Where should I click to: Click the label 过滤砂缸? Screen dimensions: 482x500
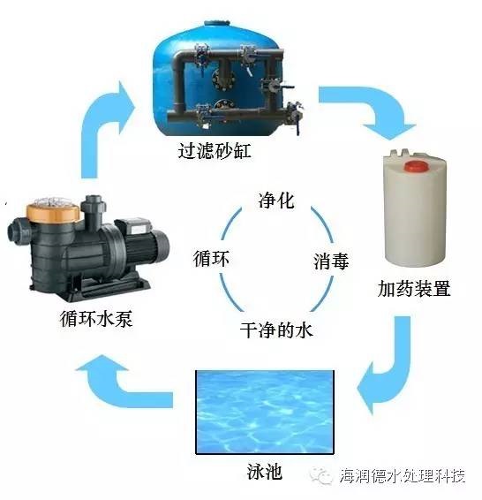pos(215,151)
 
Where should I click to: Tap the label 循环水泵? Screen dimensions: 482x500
pos(96,318)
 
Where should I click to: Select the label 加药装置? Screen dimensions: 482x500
pos(413,289)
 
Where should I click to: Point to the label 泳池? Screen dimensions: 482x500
pos(265,472)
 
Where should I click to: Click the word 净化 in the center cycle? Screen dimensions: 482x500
pos(276,201)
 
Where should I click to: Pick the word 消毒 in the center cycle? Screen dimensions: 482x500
pos(331,261)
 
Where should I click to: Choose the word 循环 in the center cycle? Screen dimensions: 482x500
pos(211,258)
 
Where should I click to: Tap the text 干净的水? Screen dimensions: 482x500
pos(276,330)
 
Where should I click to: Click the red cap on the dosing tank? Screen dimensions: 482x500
pos(416,166)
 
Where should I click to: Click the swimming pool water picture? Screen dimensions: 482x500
pos(265,412)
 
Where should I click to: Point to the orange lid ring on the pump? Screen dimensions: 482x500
pos(53,212)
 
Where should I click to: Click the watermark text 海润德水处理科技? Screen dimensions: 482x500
pos(403,476)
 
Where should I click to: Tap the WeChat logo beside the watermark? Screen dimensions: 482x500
pos(320,475)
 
